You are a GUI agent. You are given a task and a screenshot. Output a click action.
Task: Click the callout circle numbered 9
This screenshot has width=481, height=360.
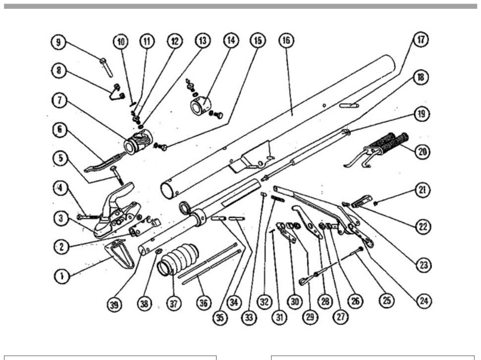pos(58,42)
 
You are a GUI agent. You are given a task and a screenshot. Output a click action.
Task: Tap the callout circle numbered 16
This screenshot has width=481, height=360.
pos(286,40)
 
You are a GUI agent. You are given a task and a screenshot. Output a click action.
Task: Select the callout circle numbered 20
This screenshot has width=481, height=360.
pos(422,151)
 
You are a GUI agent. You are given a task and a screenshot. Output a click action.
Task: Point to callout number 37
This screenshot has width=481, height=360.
pos(174,304)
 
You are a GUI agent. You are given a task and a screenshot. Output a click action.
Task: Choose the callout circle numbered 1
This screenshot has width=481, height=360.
pos(61,276)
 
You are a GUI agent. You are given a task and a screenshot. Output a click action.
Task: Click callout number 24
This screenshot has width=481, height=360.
pos(424,301)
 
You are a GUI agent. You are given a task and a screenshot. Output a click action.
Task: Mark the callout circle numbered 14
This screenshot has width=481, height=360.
pos(231,40)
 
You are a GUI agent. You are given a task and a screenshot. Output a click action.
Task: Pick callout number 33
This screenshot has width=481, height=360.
pos(249,317)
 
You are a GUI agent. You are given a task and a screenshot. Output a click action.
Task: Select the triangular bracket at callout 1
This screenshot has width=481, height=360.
pos(120,253)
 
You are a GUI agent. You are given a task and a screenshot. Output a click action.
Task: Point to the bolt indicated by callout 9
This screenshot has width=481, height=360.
pos(106,67)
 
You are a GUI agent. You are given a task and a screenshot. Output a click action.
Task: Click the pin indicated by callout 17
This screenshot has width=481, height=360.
pos(349,106)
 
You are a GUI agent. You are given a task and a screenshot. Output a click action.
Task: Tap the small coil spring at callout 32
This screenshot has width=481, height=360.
pos(278,199)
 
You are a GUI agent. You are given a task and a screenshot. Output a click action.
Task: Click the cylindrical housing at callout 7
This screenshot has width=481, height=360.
pos(138,141)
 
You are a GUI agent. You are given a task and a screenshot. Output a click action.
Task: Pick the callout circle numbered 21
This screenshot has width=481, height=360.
pos(422,190)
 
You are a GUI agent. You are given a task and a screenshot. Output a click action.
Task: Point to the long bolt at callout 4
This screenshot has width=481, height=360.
pos(88,217)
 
